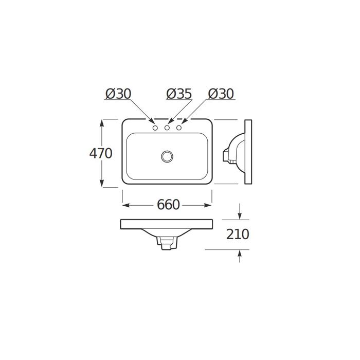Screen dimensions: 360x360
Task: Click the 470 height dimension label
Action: tap(101, 153)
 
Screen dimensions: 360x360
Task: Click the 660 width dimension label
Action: tap(168, 205)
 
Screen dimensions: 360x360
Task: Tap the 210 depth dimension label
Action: tap(238, 235)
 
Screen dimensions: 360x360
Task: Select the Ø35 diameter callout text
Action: tap(178, 94)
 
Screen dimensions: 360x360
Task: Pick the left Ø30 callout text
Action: tap(118, 94)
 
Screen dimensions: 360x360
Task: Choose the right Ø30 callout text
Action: tap(221, 94)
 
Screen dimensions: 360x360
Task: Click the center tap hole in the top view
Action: tap(167, 128)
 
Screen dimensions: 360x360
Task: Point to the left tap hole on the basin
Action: tap(155, 128)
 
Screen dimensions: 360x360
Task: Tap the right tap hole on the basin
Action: tap(179, 128)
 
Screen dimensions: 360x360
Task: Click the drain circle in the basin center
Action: tap(167, 156)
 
